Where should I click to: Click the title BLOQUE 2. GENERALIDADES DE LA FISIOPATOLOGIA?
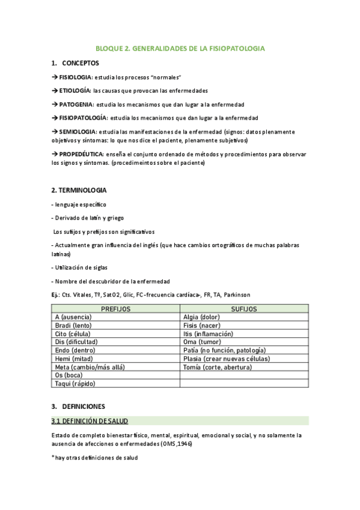click(180, 48)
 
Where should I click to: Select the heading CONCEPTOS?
click(81, 63)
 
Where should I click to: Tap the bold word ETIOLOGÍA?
click(75, 91)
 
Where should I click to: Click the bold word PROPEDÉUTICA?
click(82, 154)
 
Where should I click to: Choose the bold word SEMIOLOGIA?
click(78, 132)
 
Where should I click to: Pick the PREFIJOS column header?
click(115, 309)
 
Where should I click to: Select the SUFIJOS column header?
click(244, 309)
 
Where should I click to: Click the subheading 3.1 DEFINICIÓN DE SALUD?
click(90, 421)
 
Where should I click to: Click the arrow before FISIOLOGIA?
click(55, 78)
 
